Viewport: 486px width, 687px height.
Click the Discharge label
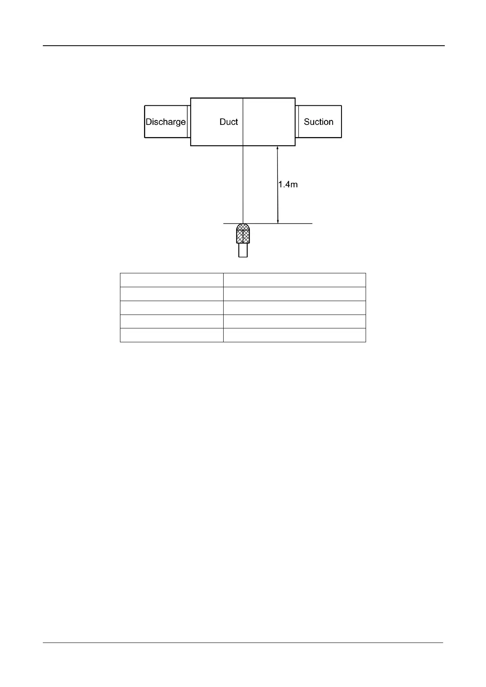(165, 122)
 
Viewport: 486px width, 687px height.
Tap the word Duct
(229, 122)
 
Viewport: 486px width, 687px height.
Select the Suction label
(318, 122)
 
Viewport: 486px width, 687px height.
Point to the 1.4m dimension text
(288, 185)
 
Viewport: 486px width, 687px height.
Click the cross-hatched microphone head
(243, 233)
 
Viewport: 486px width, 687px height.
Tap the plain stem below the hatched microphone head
(243, 250)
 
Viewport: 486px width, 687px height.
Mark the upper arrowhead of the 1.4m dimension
(277, 149)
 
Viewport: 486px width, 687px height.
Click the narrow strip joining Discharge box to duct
(189, 122)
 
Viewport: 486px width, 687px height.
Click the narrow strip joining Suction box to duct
(297, 122)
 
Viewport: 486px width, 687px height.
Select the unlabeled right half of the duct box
(269, 122)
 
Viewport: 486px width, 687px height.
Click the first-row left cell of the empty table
(171, 280)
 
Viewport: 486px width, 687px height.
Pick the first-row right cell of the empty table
(294, 280)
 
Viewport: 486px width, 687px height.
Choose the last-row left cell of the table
(171, 335)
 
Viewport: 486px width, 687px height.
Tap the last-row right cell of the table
(294, 335)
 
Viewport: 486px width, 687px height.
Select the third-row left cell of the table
(171, 308)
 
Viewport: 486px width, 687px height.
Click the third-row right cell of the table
(294, 308)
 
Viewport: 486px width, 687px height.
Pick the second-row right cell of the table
(294, 294)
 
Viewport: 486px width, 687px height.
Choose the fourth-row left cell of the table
(171, 321)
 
